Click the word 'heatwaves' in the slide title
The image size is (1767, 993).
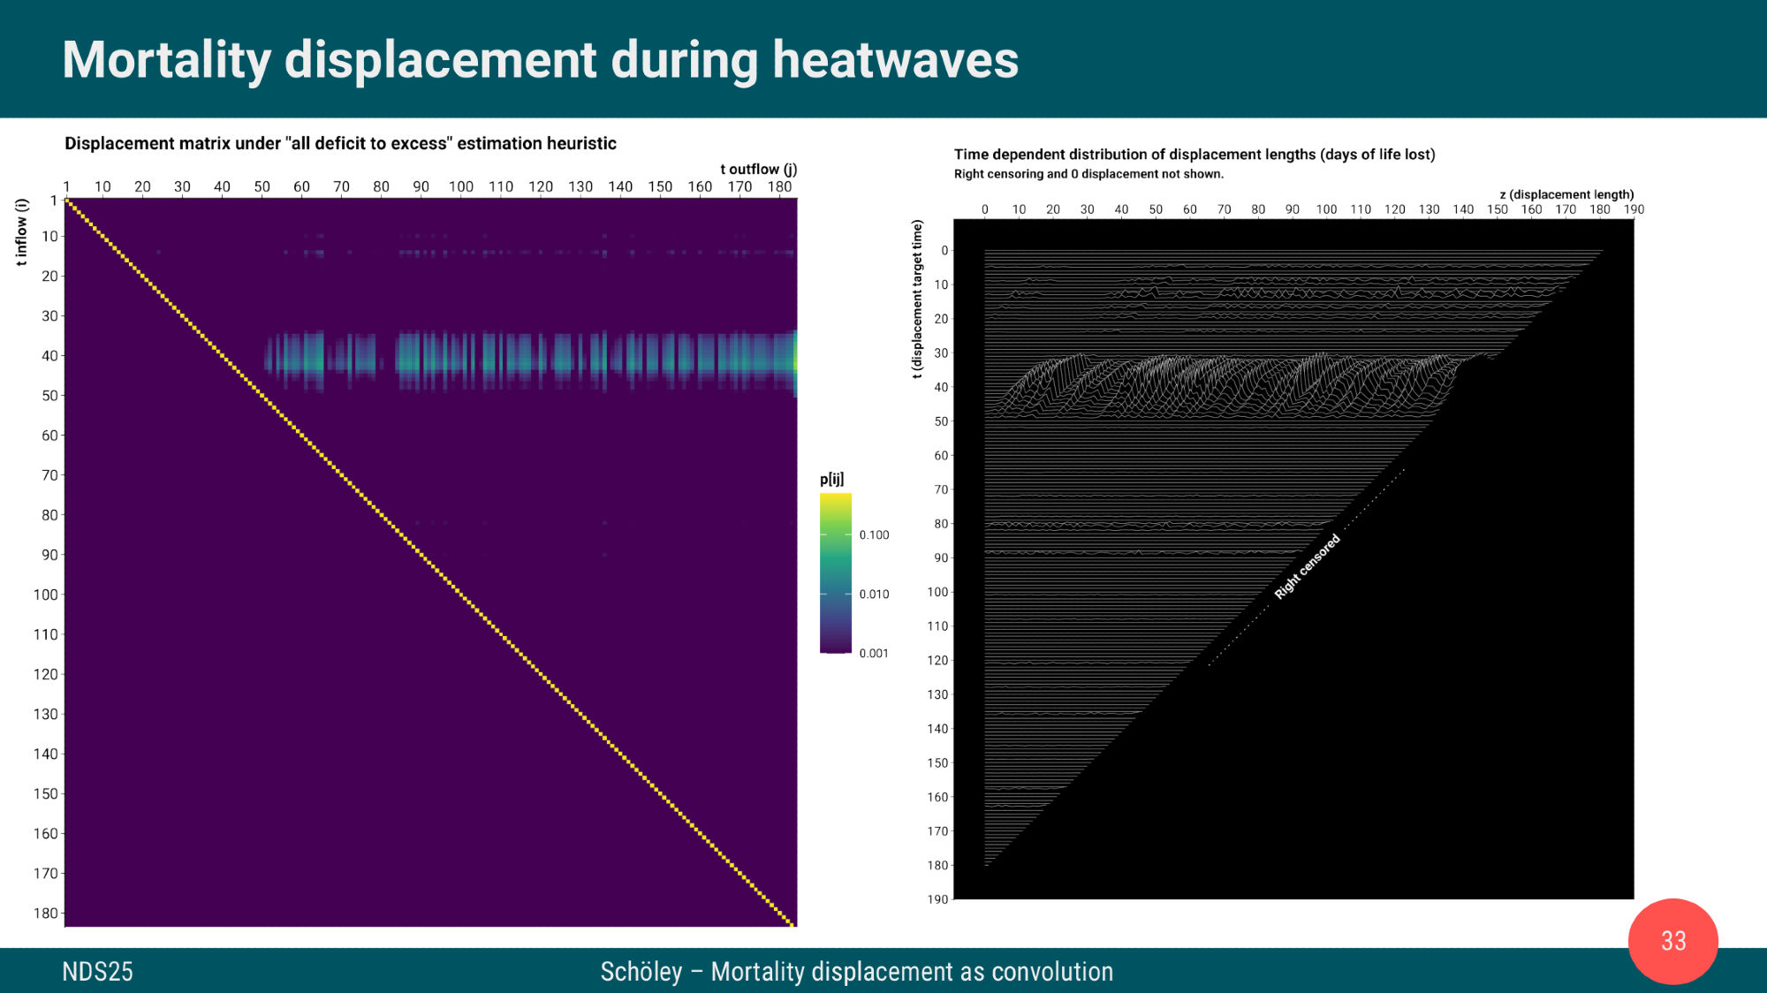pyautogui.click(x=895, y=60)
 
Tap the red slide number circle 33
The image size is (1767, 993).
pyautogui.click(x=1673, y=941)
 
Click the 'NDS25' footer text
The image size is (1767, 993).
pyautogui.click(x=97, y=972)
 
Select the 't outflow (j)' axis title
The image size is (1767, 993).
pyautogui.click(x=758, y=169)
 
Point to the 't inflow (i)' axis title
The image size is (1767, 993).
pyautogui.click(x=22, y=231)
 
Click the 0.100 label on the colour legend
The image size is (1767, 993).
pyautogui.click(x=874, y=535)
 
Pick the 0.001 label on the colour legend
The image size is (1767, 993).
pyautogui.click(x=874, y=654)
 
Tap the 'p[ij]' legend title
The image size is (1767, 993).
pyautogui.click(x=831, y=479)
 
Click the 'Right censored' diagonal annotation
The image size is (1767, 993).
pyautogui.click(x=1307, y=567)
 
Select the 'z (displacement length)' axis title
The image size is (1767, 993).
pyautogui.click(x=1566, y=194)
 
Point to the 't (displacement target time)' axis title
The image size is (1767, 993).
pyautogui.click(x=917, y=299)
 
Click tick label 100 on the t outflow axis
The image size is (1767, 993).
pyautogui.click(x=460, y=186)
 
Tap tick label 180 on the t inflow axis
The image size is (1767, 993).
pyautogui.click(x=46, y=913)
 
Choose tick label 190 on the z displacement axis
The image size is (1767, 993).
pyautogui.click(x=1634, y=209)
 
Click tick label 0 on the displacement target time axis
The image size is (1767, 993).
pyautogui.click(x=944, y=251)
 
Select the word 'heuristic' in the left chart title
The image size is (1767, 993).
pyautogui.click(x=580, y=143)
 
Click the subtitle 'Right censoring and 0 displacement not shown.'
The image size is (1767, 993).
pyautogui.click(x=1088, y=174)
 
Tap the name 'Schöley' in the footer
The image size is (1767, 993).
pyautogui.click(x=641, y=972)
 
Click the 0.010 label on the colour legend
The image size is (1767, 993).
pyautogui.click(x=874, y=595)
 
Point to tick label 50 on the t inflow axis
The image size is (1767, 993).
pyautogui.click(x=50, y=396)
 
